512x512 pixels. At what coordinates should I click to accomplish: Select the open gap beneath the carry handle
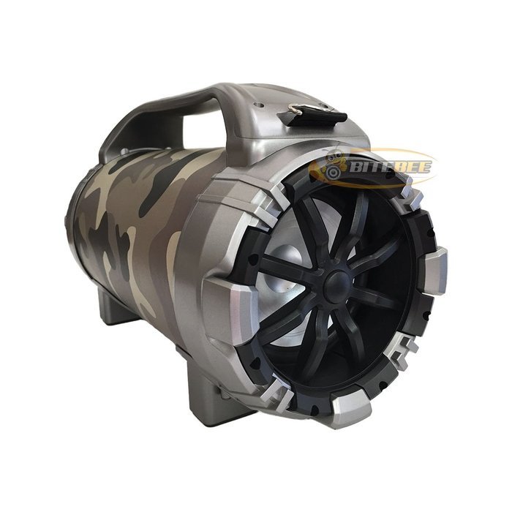203,129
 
